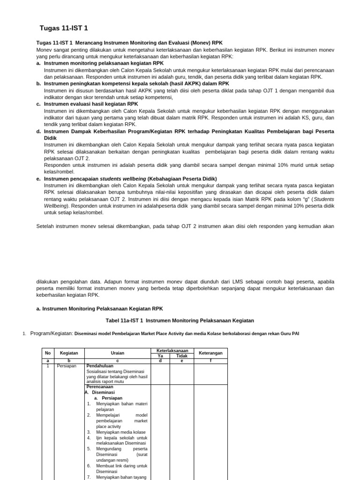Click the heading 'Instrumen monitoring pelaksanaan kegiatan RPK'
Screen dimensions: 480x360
pyautogui.click(x=104, y=63)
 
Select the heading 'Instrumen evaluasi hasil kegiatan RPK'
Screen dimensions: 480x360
pyautogui.click(x=91, y=104)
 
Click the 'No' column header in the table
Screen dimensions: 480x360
pyautogui.click(x=47, y=352)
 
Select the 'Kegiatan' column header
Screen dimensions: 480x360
pyautogui.click(x=69, y=352)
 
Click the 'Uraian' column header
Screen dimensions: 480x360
pyautogui.click(x=117, y=352)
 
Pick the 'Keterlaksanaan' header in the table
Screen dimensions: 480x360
pyautogui.click(x=172, y=350)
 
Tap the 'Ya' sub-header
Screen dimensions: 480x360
pyautogui.click(x=160, y=356)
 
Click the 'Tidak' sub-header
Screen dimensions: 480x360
pyautogui.click(x=181, y=356)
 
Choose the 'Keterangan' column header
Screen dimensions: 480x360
pyautogui.click(x=210, y=352)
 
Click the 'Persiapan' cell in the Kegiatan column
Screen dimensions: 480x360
pyautogui.click(x=66, y=366)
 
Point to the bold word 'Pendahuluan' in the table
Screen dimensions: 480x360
pyautogui.click(x=100, y=366)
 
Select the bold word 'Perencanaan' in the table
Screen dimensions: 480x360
pyautogui.click(x=99, y=387)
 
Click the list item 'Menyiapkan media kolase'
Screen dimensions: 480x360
pyautogui.click(x=120, y=432)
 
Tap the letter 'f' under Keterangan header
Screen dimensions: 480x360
pyautogui.click(x=210, y=360)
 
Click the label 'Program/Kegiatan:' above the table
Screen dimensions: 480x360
pyautogui.click(x=52, y=333)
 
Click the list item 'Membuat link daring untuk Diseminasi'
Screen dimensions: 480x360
pyautogui.click(x=121, y=468)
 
